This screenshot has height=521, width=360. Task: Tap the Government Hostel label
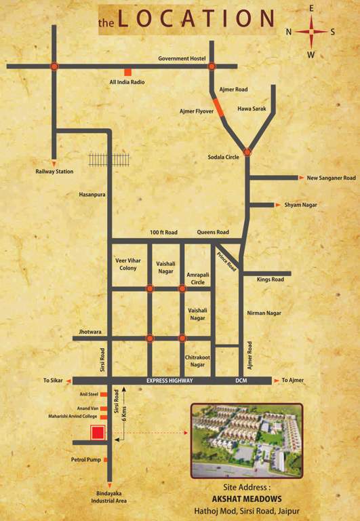(x=182, y=59)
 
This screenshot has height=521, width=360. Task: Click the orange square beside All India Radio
(x=127, y=72)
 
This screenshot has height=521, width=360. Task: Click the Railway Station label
(x=54, y=172)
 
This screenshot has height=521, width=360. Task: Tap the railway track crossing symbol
(x=109, y=159)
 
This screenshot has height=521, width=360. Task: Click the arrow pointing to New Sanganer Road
(x=302, y=178)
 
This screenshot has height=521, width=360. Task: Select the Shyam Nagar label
(x=300, y=204)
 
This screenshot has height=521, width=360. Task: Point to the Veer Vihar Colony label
(x=128, y=264)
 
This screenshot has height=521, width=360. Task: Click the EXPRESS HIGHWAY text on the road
(x=169, y=381)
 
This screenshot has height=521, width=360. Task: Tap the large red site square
(x=98, y=433)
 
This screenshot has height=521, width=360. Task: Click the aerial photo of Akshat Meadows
(x=246, y=441)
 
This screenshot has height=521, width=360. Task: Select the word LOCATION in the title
(x=196, y=18)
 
